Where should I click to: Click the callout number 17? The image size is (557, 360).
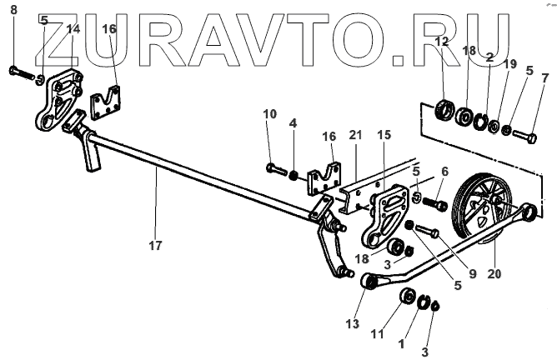click(x=155, y=245)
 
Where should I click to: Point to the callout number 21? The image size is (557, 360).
click(x=355, y=134)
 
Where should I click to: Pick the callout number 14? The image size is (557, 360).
click(x=73, y=28)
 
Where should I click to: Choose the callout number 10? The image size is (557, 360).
click(x=270, y=113)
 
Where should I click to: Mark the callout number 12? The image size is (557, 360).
click(x=442, y=41)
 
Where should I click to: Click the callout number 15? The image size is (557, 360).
click(x=384, y=134)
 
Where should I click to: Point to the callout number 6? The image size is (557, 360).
click(x=444, y=170)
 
